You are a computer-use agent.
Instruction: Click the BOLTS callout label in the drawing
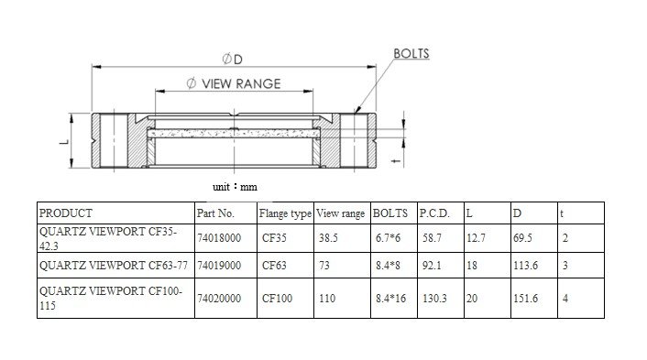point(411,54)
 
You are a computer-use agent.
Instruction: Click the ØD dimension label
point(232,60)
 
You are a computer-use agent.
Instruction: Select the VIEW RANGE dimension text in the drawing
point(234,83)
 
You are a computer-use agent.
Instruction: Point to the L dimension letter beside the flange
point(64,141)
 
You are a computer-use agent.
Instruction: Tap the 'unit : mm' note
point(235,187)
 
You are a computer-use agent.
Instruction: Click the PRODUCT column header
point(66,213)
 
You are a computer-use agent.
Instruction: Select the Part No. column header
point(215,213)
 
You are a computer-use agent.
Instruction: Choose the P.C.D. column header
point(434,213)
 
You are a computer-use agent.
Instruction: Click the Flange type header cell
point(285,213)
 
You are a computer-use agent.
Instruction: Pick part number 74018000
point(219,238)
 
